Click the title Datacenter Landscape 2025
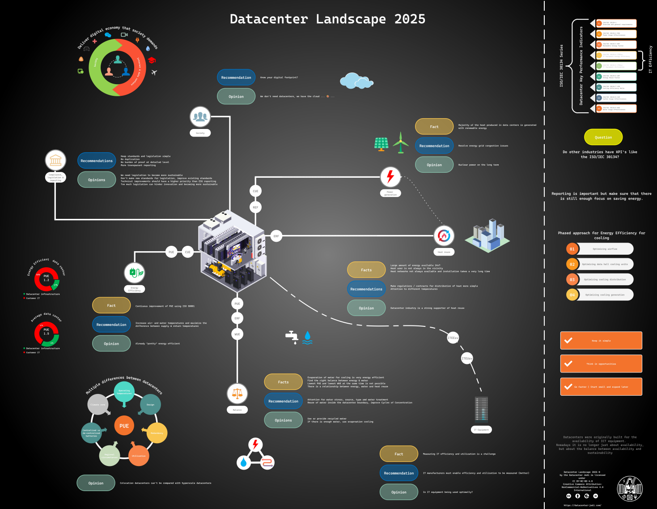(327, 19)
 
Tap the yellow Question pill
(603, 137)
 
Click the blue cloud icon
(356, 81)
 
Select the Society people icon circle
(200, 117)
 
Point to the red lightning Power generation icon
(390, 177)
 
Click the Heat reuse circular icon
(444, 235)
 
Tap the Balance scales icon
(237, 394)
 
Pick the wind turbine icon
(401, 143)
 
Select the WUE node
(237, 334)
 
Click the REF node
(255, 207)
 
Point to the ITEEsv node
(453, 338)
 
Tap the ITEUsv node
(466, 359)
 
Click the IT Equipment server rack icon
(481, 409)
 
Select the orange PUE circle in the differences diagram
(124, 426)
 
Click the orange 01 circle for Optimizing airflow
(572, 249)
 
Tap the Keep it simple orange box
(601, 341)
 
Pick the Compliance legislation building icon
(55, 160)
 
